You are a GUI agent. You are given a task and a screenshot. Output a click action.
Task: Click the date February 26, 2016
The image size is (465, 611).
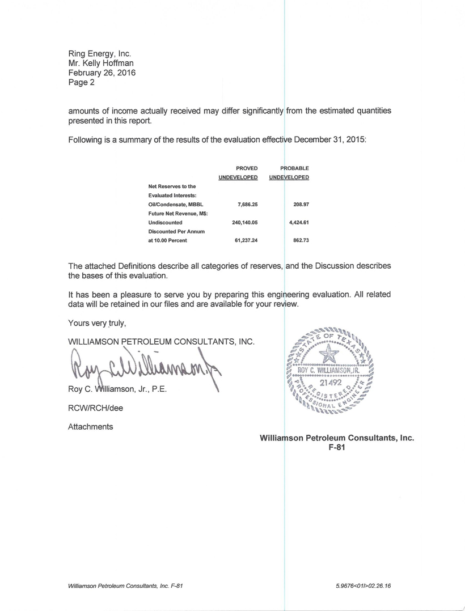point(102,73)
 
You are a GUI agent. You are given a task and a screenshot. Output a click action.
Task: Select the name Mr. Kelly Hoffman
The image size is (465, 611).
point(101,63)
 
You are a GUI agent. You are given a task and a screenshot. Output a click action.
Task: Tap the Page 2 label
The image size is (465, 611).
point(82,83)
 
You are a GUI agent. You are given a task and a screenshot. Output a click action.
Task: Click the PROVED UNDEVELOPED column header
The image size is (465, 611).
point(238,173)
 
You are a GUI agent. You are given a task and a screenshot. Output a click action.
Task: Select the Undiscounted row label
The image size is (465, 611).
point(165,223)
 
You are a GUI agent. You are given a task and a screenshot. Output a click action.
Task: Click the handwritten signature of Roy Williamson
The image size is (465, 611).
point(142,368)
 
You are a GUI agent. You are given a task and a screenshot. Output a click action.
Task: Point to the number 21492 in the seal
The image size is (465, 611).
point(329,384)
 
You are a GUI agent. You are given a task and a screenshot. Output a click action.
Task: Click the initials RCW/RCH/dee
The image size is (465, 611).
point(95,408)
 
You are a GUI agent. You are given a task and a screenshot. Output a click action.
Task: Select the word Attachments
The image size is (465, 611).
point(90,426)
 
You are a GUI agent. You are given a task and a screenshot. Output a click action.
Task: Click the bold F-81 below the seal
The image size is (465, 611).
point(337,447)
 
